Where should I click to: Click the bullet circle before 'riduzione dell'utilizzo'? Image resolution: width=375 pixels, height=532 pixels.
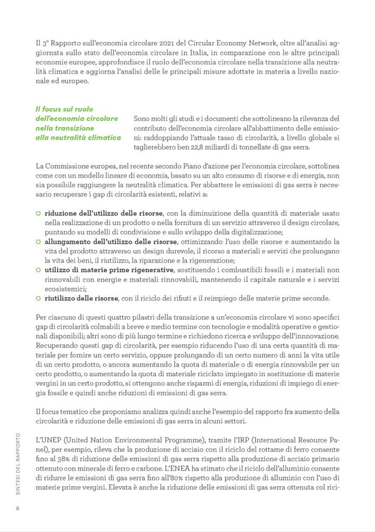coord(38,214)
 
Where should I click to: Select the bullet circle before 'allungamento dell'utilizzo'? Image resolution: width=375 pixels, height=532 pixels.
coord(38,242)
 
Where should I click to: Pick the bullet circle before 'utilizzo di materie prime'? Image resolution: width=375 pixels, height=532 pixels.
coord(38,270)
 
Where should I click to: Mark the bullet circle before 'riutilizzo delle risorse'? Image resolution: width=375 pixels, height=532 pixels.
coord(38,298)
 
